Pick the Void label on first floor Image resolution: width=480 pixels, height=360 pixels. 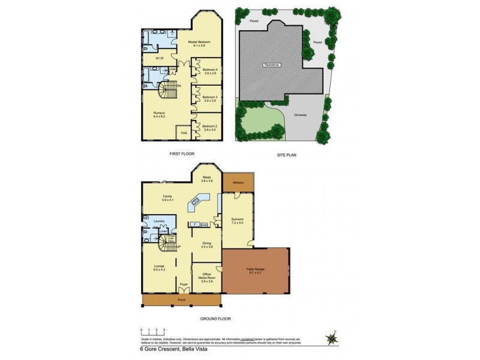point(184,133)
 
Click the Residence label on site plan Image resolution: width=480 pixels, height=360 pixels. point(271,64)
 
